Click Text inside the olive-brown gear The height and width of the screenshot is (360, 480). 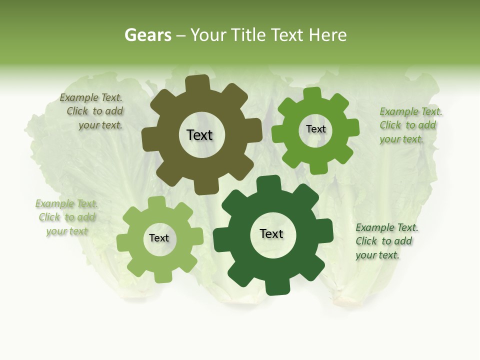click(199, 135)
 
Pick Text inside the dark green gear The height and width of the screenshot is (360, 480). click(271, 234)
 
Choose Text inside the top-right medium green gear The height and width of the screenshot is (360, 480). click(315, 129)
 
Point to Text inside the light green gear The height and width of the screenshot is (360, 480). click(159, 238)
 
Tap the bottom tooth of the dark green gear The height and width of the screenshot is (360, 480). click(276, 287)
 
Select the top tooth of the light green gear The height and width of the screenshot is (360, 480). click(157, 202)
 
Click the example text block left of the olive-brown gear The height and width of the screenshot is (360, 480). click(92, 111)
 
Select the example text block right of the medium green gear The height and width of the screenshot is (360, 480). click(410, 125)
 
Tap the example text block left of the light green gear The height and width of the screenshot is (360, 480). click(66, 217)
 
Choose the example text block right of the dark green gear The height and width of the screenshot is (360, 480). click(386, 241)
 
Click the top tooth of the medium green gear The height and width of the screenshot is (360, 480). click(312, 94)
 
